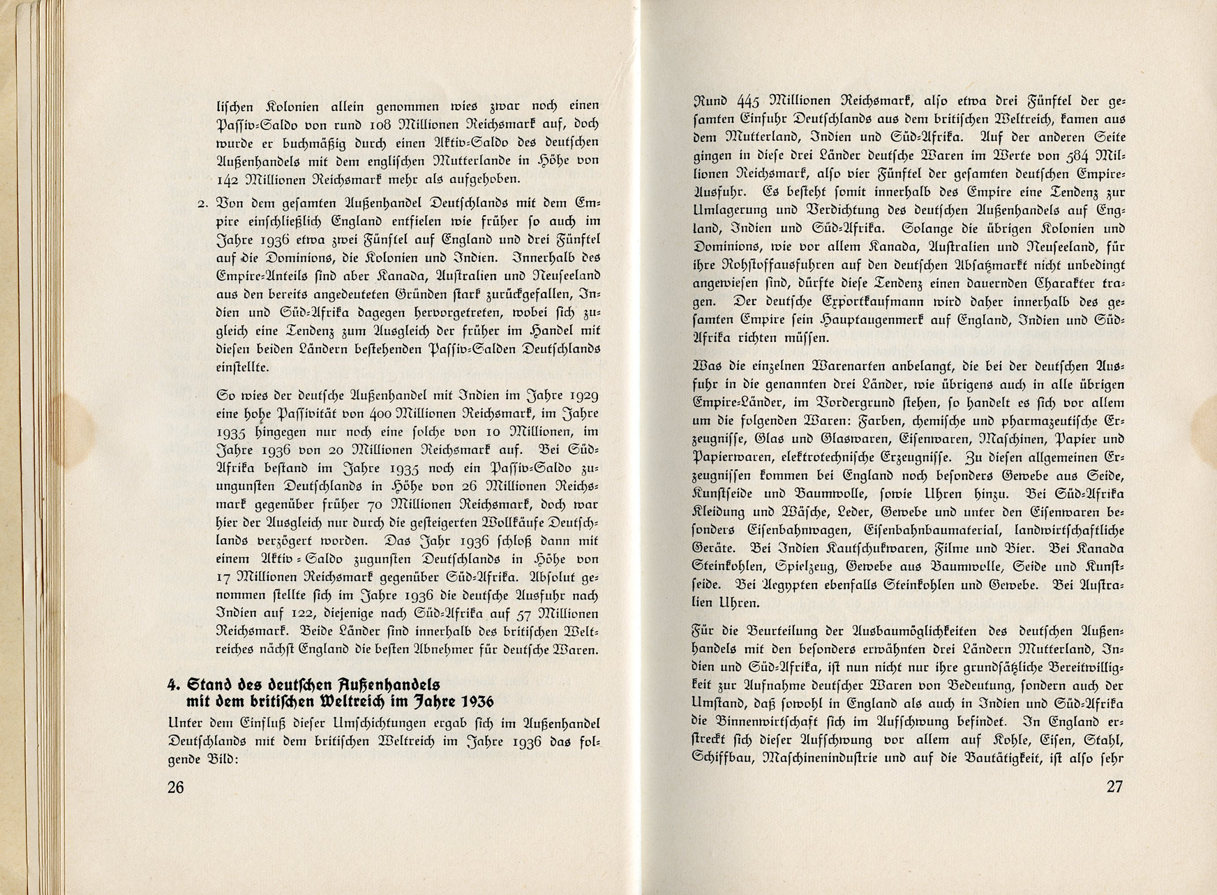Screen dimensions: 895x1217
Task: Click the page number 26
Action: point(175,787)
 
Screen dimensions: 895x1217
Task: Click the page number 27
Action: point(1115,787)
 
